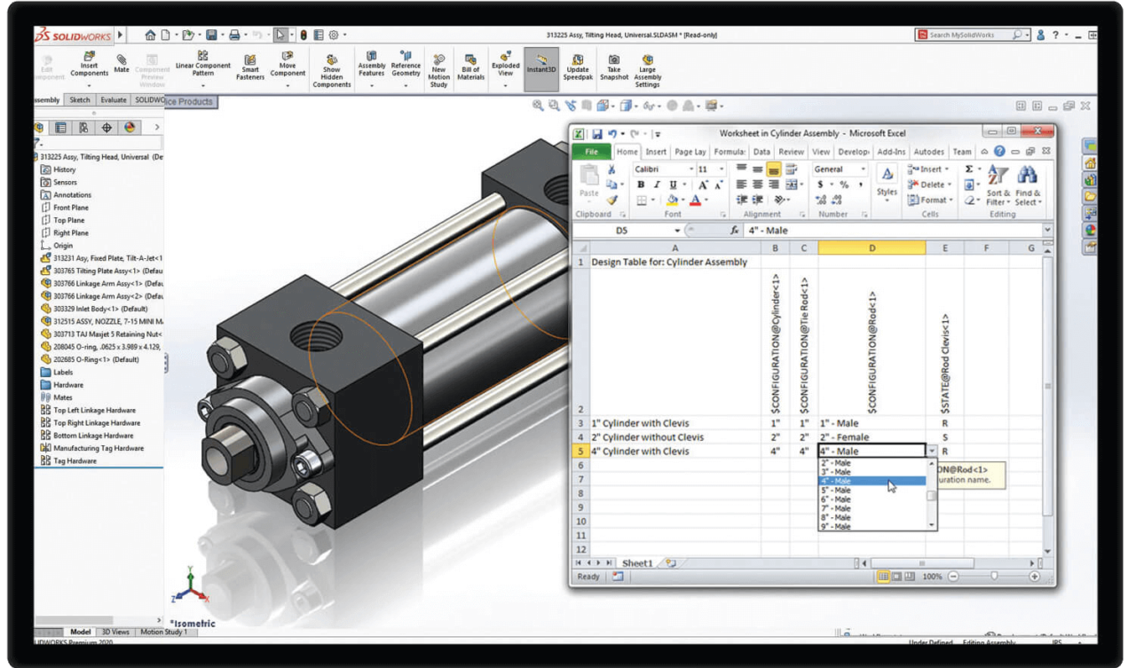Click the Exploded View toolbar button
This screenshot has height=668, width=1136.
pos(506,68)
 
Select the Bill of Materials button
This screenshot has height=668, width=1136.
pos(470,68)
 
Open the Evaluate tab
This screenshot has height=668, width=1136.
pos(113,100)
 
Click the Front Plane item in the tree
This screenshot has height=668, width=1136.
pos(70,208)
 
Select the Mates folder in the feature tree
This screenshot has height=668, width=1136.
pos(63,397)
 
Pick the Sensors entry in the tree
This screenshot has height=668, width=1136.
pos(65,182)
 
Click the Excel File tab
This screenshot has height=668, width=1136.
pos(591,152)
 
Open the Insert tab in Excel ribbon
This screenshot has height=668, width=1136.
pos(656,152)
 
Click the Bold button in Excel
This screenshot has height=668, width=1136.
pos(641,185)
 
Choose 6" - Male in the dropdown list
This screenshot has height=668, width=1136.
pos(835,499)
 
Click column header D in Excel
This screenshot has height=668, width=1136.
pos(871,248)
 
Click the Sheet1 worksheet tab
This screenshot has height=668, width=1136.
pos(636,563)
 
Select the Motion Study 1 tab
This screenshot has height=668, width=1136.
pos(162,633)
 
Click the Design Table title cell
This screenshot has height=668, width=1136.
pos(670,263)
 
